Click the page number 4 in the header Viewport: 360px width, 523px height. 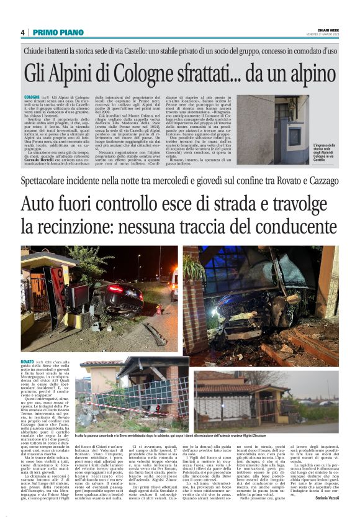coord(22,32)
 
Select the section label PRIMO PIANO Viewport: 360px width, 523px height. coord(53,32)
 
